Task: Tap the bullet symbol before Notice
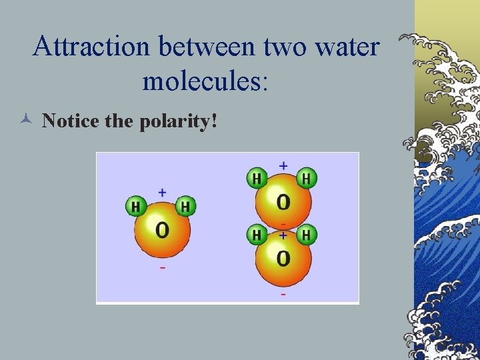(x=25, y=121)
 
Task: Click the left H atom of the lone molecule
(x=136, y=206)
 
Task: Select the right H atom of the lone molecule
(x=186, y=206)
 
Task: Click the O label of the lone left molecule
(x=162, y=231)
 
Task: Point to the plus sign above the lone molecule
(x=162, y=192)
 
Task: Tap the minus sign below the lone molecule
(x=162, y=268)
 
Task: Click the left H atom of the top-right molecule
(x=257, y=178)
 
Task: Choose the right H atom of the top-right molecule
(x=306, y=178)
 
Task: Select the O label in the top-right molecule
(x=283, y=201)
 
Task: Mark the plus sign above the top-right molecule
(x=283, y=165)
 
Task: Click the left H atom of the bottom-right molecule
(x=257, y=235)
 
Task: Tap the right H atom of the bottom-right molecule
(x=306, y=235)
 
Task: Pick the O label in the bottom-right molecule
(x=283, y=258)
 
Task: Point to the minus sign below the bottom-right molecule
(x=283, y=294)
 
